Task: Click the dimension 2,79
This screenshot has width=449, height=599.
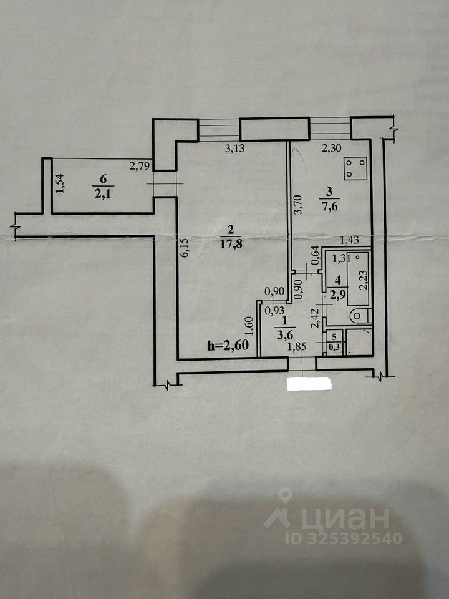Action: pyautogui.click(x=139, y=166)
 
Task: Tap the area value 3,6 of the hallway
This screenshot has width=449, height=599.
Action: pyautogui.click(x=284, y=332)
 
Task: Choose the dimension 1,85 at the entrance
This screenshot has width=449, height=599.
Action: pyautogui.click(x=296, y=348)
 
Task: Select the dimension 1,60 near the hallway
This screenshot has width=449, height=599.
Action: pyautogui.click(x=248, y=328)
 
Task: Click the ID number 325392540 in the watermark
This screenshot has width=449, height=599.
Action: pyautogui.click(x=358, y=538)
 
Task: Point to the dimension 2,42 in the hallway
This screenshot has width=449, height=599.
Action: pyautogui.click(x=316, y=319)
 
